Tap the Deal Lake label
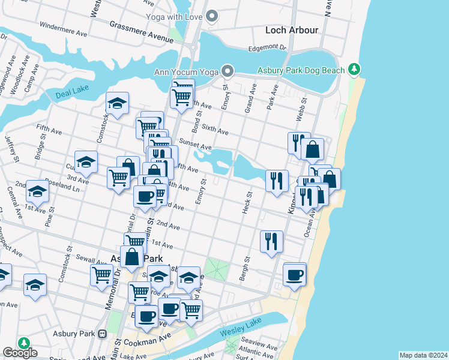tap(71, 95)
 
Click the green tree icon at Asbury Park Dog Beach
tap(355, 70)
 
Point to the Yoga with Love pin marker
tap(211, 16)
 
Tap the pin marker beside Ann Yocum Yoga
tap(228, 72)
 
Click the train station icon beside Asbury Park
tap(103, 334)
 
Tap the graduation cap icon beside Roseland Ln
tap(37, 191)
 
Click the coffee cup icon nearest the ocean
tap(294, 274)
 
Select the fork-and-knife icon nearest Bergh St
tap(271, 241)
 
